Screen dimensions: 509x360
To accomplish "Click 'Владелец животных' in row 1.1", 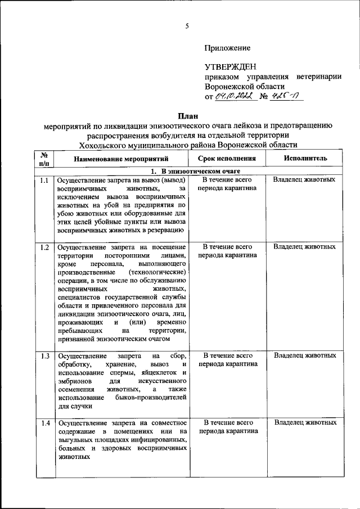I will [305, 179].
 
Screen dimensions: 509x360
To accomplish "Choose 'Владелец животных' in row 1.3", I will [305, 355].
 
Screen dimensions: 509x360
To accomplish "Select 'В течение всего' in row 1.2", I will [227, 246].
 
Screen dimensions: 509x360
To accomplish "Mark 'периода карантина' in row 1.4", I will [227, 431].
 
